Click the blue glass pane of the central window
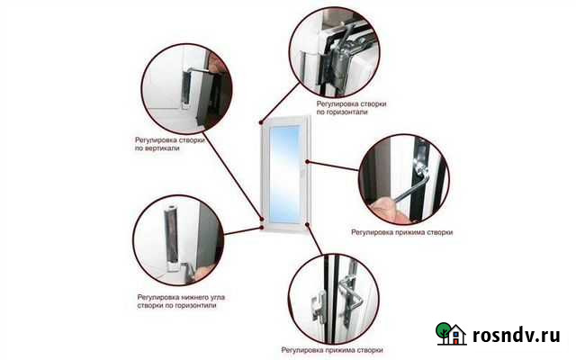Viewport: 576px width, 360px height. point(284,174)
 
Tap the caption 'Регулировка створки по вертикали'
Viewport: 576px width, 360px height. point(170,144)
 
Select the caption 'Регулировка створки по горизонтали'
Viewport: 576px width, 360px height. point(351,108)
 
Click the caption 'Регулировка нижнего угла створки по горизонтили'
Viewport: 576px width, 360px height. point(181,301)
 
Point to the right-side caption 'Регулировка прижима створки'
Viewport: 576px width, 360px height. point(402,232)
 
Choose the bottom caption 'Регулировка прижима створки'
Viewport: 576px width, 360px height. point(332,350)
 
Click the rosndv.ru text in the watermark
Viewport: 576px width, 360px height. point(516,335)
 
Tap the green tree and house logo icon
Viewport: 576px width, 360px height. point(451,333)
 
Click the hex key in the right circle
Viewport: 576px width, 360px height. point(411,184)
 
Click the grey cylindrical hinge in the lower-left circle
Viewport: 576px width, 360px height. point(171,238)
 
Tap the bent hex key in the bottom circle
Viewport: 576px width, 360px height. point(352,294)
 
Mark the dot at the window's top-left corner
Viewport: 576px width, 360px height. point(261,122)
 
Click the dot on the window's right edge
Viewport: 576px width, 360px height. point(308,162)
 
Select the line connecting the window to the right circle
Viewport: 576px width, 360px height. point(333,166)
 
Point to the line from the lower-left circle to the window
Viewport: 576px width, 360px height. point(242,230)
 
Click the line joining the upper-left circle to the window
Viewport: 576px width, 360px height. point(232,175)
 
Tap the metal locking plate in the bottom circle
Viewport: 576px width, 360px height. point(319,307)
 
